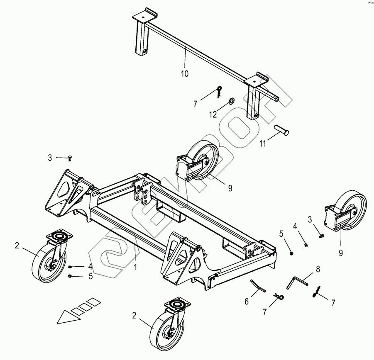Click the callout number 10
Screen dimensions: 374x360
(x=185, y=74)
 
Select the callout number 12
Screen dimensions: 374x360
(x=213, y=114)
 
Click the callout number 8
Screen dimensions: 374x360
(x=318, y=269)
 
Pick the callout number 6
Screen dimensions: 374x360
(x=247, y=302)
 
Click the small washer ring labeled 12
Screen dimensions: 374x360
(x=231, y=101)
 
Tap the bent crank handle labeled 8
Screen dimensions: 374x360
(x=297, y=284)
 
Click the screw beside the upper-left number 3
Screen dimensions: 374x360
(x=70, y=158)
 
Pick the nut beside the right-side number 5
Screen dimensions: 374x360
(x=291, y=253)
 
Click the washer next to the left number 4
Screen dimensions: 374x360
(x=71, y=267)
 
